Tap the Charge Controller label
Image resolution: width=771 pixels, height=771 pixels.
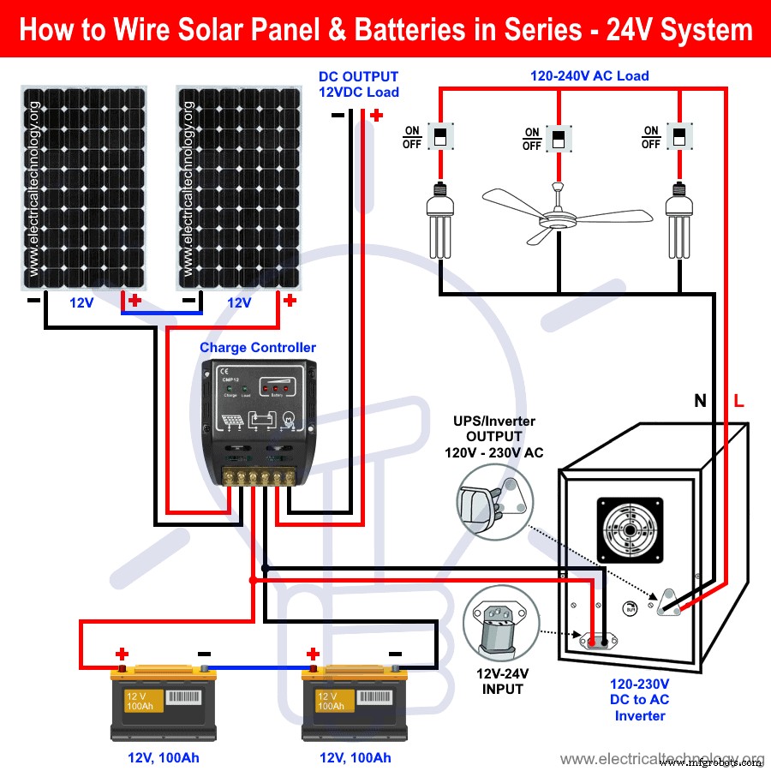pyautogui.click(x=257, y=348)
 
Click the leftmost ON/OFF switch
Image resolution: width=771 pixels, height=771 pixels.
pyautogui.click(x=441, y=136)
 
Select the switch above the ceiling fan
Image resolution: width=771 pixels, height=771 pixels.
pyautogui.click(x=559, y=138)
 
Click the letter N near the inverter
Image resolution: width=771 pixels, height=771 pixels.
pyautogui.click(x=700, y=401)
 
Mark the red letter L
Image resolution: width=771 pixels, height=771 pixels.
pyautogui.click(x=738, y=401)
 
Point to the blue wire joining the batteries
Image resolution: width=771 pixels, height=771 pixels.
pyautogui.click(x=257, y=666)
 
